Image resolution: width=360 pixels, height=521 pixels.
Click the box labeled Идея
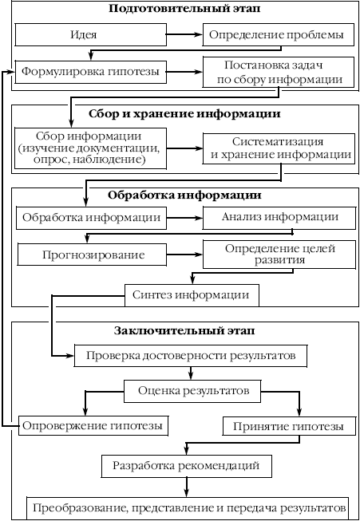point(90,34)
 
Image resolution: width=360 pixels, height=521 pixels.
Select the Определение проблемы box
point(279,34)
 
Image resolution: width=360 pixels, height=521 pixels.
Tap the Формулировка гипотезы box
point(90,72)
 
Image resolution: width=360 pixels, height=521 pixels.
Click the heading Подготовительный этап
point(184,8)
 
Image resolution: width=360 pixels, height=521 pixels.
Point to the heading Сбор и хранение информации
point(184,114)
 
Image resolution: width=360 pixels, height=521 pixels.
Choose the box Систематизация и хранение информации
point(279,148)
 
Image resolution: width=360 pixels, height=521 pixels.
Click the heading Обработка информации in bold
point(184,195)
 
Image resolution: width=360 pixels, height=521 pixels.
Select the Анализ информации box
point(279,218)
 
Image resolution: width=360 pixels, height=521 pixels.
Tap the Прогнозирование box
point(92,255)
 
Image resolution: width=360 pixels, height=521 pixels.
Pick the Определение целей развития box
point(279,255)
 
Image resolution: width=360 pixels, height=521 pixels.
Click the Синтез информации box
point(192,295)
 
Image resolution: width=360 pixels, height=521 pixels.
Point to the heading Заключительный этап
point(184,331)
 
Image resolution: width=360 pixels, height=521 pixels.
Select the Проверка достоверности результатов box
point(191,356)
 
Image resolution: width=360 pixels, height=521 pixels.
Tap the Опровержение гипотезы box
point(93,425)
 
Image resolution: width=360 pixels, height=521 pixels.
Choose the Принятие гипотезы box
point(288,426)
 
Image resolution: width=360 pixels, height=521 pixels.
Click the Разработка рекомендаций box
point(186,466)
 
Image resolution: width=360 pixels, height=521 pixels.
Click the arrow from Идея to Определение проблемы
point(185,34)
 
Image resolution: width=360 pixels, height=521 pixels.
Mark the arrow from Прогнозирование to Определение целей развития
point(185,255)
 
